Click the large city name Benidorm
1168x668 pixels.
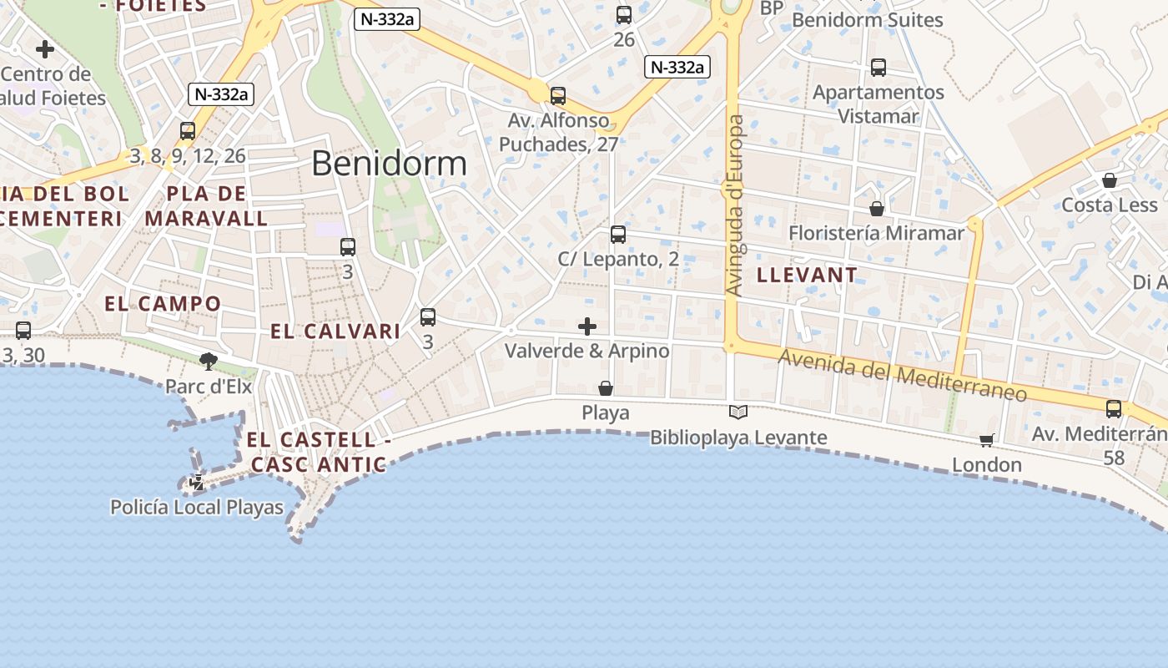[x=389, y=163]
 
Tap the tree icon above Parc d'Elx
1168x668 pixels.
[x=209, y=361]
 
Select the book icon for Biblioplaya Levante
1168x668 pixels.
[x=738, y=412]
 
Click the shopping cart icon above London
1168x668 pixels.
[x=987, y=440]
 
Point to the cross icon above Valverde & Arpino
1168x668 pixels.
[x=587, y=326]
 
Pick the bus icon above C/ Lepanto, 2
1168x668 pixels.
[x=617, y=235]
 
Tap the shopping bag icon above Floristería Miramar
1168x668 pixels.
[x=876, y=208]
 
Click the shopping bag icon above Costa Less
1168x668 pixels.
[x=1110, y=180]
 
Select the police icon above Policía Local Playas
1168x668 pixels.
[x=197, y=483]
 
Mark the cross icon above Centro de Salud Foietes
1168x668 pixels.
[x=45, y=49]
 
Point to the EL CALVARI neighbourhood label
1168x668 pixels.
[x=335, y=331]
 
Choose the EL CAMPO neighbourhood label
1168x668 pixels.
[x=163, y=303]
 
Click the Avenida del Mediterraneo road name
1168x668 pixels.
[x=902, y=374]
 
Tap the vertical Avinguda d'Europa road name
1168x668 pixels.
[x=735, y=205]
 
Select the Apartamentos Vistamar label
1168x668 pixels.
[x=878, y=104]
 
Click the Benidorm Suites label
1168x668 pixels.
[x=867, y=20]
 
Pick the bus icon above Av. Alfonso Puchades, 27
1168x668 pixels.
[x=558, y=96]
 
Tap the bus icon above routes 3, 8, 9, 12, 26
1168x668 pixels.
[x=188, y=131]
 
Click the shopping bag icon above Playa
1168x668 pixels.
[x=606, y=388]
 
